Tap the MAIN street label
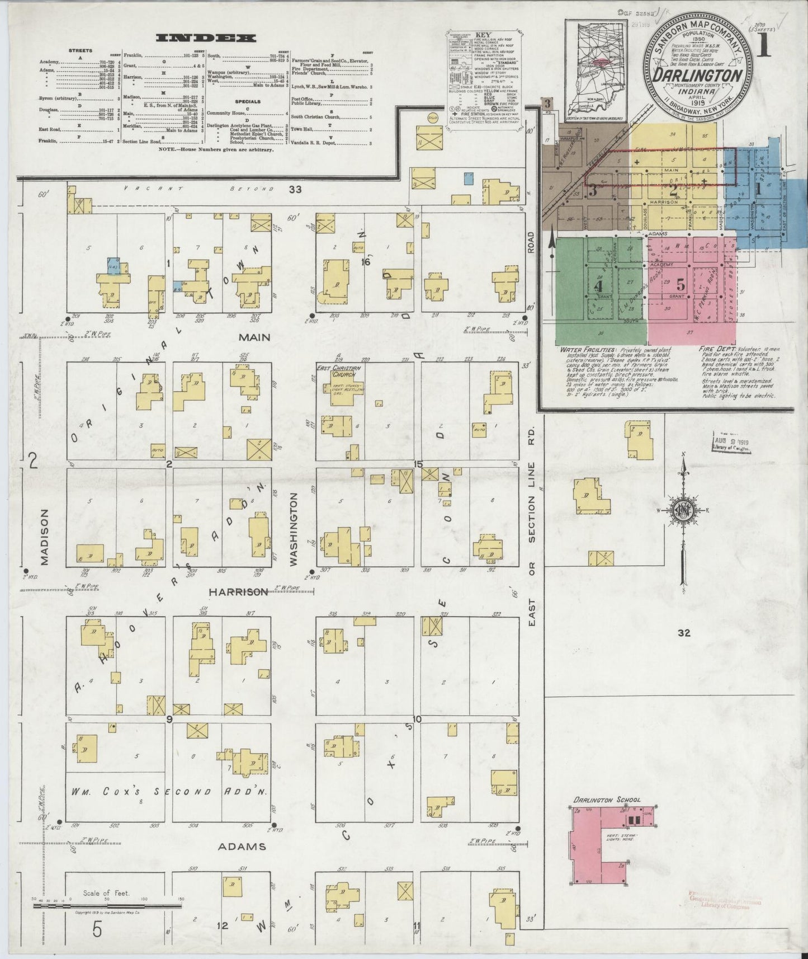[x=255, y=337]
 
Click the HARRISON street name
[x=239, y=591]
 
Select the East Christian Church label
[x=339, y=372]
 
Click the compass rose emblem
[x=683, y=511]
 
